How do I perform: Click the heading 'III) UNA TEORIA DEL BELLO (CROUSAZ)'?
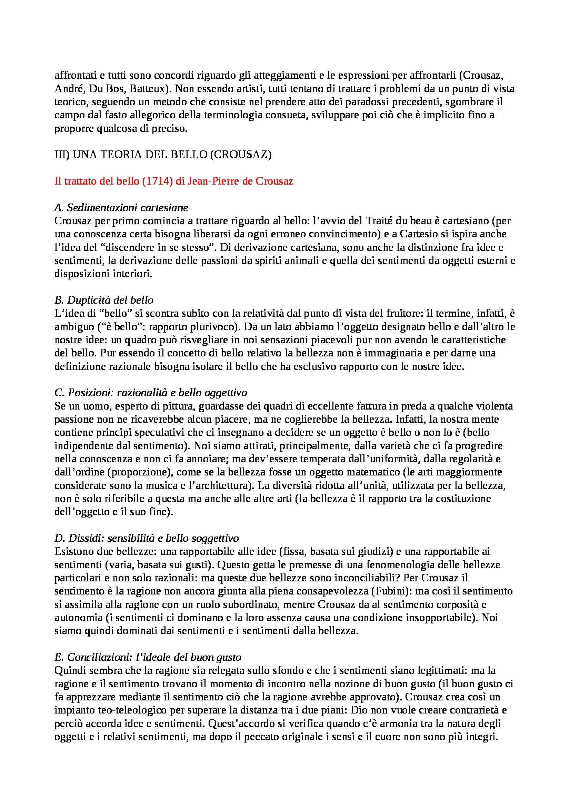click(163, 155)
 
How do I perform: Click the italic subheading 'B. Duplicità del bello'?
click(104, 300)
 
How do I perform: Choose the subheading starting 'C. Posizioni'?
click(151, 392)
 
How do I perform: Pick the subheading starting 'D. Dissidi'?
click(147, 538)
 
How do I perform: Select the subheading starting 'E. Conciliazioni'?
click(148, 657)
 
